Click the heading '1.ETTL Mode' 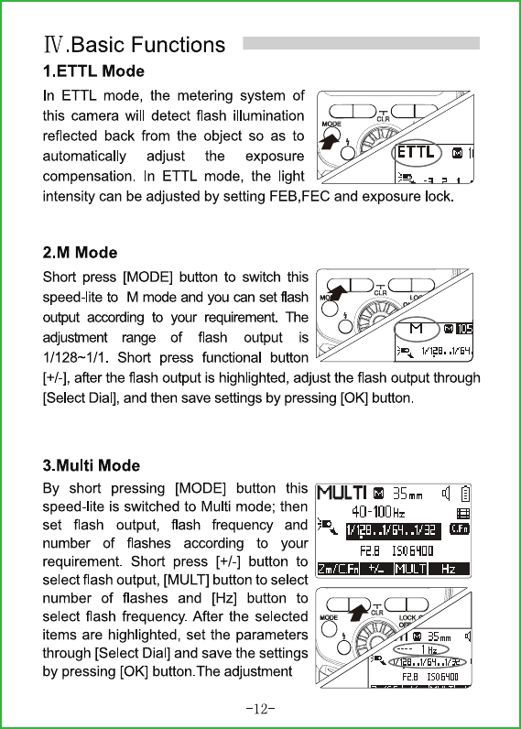(x=93, y=71)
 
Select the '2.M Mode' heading (x=80, y=253)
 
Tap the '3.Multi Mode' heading (x=91, y=465)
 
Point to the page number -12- (x=260, y=709)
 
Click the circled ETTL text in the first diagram (x=416, y=152)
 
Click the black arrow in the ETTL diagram (x=330, y=138)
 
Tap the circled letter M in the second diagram (x=416, y=329)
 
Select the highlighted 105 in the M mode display (x=464, y=329)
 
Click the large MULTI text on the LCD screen (x=342, y=493)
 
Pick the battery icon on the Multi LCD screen (x=465, y=494)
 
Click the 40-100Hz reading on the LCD (x=378, y=512)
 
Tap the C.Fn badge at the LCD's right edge (x=460, y=528)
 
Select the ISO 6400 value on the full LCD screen (x=413, y=551)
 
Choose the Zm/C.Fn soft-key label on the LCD (x=339, y=569)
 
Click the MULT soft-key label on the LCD (x=410, y=569)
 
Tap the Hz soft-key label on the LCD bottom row (x=449, y=569)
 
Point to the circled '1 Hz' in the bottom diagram (x=429, y=649)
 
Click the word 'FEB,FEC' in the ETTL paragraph (x=299, y=197)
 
